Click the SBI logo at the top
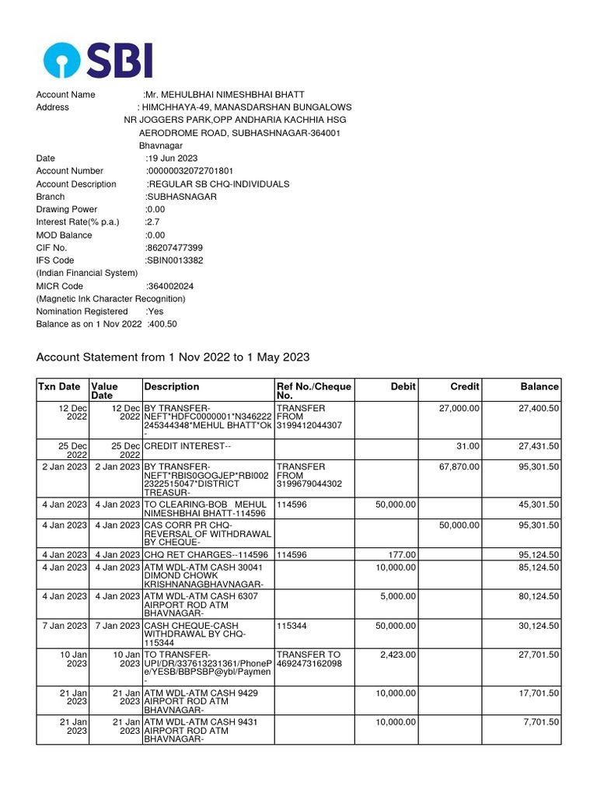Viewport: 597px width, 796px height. pos(98,61)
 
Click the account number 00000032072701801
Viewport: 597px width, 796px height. pos(190,171)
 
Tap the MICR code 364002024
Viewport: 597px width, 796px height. pos(170,286)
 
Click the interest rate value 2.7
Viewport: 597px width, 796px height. pos(152,222)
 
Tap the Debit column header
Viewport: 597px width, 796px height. pos(403,386)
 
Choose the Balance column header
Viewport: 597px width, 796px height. pos(539,386)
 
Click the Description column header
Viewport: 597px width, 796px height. pos(172,386)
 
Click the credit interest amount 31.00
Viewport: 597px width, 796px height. pos(468,446)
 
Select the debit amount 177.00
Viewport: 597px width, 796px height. pos(401,555)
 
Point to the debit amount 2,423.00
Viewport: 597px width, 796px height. pos(398,655)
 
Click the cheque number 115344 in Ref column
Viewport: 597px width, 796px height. pos(292,626)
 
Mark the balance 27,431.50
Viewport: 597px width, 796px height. pos(539,446)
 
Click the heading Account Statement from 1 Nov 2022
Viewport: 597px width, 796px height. pos(173,358)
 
